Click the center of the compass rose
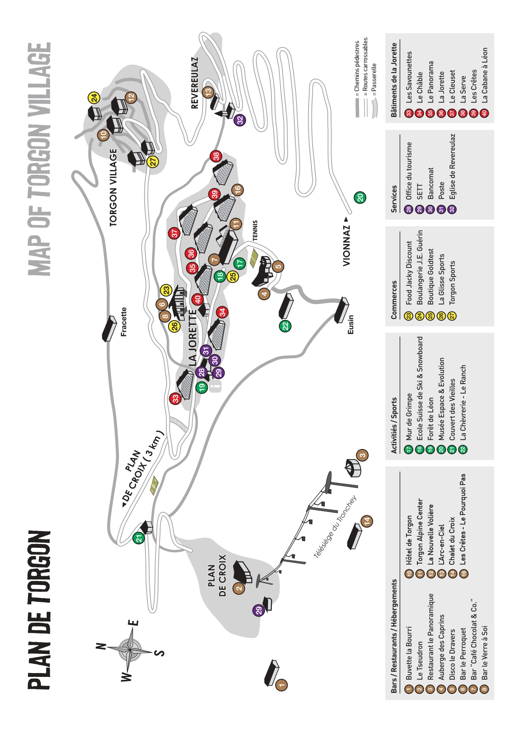click(131, 649)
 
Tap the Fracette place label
click(124, 322)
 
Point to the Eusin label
click(351, 324)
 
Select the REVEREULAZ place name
click(194, 82)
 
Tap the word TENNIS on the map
click(255, 230)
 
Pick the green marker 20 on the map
click(360, 197)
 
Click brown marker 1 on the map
click(281, 684)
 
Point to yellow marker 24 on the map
click(94, 98)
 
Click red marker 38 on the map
click(216, 156)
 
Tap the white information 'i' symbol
click(215, 387)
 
